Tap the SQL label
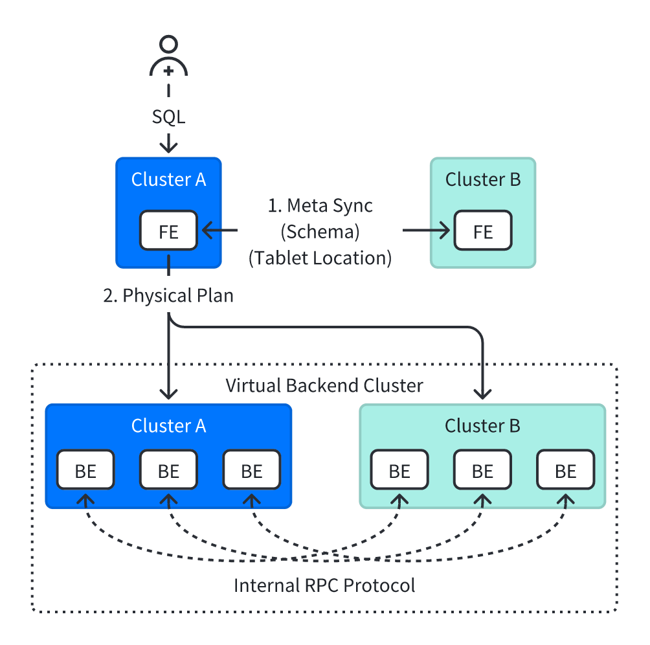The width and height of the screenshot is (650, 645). click(x=168, y=117)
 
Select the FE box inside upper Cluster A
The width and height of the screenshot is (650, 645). click(x=168, y=231)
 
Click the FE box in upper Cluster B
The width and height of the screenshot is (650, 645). click(x=483, y=231)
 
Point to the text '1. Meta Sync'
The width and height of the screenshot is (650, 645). click(x=320, y=206)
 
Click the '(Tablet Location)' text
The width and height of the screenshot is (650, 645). click(x=320, y=258)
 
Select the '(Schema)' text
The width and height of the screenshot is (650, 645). click(x=320, y=232)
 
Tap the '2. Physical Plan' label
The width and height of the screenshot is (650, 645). click(x=168, y=296)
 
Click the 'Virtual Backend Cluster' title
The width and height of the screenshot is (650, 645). click(x=324, y=386)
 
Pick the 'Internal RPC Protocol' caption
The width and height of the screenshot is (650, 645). click(x=324, y=586)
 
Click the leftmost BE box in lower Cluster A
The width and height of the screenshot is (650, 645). click(x=85, y=470)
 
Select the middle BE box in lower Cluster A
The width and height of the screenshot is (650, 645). click(x=168, y=470)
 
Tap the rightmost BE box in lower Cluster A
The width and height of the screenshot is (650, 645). click(x=251, y=470)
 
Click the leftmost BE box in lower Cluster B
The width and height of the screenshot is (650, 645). click(x=399, y=470)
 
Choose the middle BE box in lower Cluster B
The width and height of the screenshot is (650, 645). click(x=482, y=470)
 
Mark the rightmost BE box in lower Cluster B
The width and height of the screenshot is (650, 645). click(x=565, y=470)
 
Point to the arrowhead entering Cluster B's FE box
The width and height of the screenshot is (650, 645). click(x=445, y=231)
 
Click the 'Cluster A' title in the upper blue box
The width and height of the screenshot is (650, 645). click(x=168, y=180)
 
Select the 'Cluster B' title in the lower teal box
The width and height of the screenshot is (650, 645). click(x=482, y=426)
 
